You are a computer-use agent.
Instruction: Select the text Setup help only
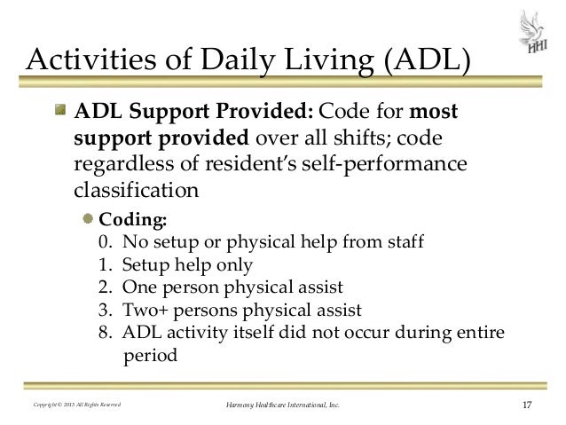click(187, 265)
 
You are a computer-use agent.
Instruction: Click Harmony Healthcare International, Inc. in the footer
click(283, 406)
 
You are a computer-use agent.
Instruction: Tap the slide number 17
click(527, 405)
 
